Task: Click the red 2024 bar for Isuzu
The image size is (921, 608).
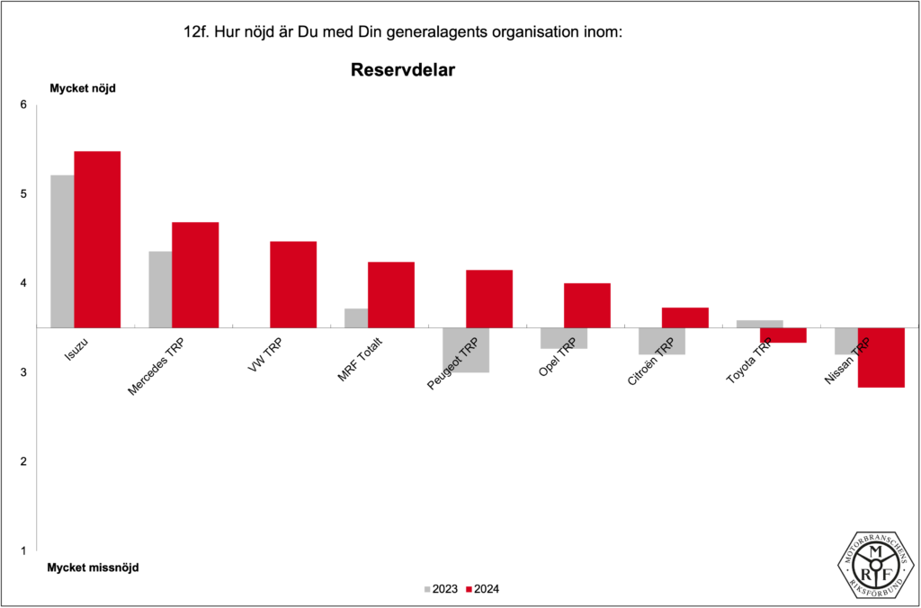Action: [x=97, y=239]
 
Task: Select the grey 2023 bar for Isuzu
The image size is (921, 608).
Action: [x=62, y=251]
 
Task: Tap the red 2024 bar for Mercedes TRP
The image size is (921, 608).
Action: [x=195, y=274]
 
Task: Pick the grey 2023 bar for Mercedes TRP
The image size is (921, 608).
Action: [x=160, y=290]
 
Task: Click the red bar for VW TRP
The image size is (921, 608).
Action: [x=293, y=284]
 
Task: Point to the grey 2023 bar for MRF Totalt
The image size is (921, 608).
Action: [x=356, y=318]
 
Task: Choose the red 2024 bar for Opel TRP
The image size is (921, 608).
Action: [x=587, y=305]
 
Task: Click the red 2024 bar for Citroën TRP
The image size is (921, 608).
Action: [x=685, y=317]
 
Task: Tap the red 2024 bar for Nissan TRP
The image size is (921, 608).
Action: [x=881, y=358]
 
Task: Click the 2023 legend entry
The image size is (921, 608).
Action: [x=440, y=589]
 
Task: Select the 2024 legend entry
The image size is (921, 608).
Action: [x=483, y=589]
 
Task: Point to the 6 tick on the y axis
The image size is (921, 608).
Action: [x=23, y=105]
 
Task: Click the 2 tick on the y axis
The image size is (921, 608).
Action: [x=23, y=461]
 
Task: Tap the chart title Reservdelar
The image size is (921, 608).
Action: [x=402, y=70]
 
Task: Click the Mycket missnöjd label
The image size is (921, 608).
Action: [x=94, y=568]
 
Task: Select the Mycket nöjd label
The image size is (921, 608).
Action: [x=83, y=88]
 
